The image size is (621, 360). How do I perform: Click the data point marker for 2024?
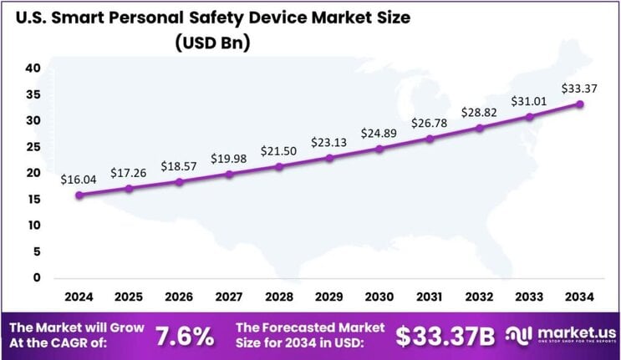click(x=79, y=195)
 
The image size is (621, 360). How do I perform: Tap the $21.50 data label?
click(x=279, y=150)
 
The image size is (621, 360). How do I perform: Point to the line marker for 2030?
click(x=379, y=149)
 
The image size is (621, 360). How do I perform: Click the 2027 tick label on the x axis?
click(x=229, y=296)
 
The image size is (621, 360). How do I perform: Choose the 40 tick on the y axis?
click(x=33, y=68)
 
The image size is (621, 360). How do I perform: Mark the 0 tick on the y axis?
click(x=36, y=277)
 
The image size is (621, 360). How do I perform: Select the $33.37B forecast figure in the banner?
click(x=445, y=335)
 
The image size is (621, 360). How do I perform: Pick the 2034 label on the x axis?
click(x=579, y=296)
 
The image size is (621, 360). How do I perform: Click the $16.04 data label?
click(x=78, y=180)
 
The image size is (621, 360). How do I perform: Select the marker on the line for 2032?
click(x=480, y=128)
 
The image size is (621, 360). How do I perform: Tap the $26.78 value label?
click(x=429, y=124)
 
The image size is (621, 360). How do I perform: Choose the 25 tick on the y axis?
click(x=33, y=147)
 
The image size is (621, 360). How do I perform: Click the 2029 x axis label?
click(x=329, y=296)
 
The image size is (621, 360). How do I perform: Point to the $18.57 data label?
click(x=178, y=166)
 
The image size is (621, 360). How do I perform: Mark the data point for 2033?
click(x=529, y=117)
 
